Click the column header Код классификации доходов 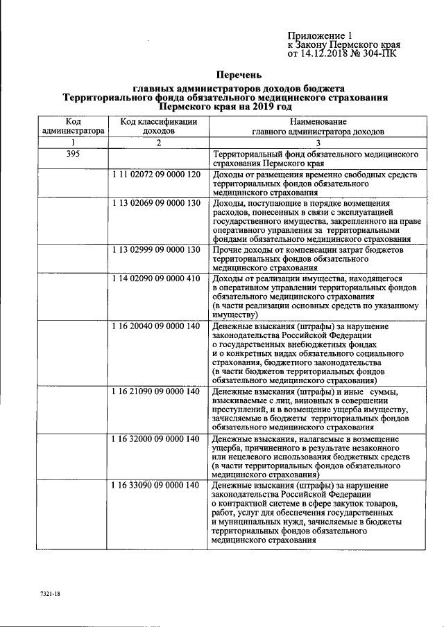[x=159, y=125]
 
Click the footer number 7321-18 [x=51, y=594]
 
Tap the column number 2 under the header [x=158, y=142]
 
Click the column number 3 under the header [x=318, y=142]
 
